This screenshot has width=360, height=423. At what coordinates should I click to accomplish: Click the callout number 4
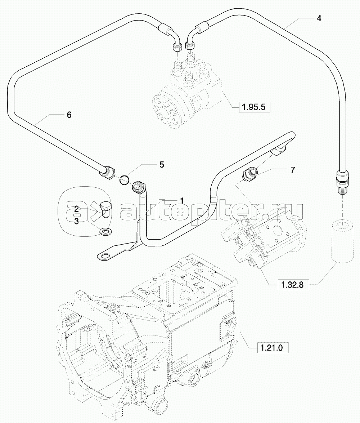point(319,18)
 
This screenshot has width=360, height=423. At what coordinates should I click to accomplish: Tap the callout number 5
point(162,165)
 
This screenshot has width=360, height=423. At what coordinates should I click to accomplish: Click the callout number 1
point(182,200)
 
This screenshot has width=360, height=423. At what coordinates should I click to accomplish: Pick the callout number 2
point(77,209)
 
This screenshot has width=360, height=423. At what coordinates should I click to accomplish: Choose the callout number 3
point(77,221)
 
